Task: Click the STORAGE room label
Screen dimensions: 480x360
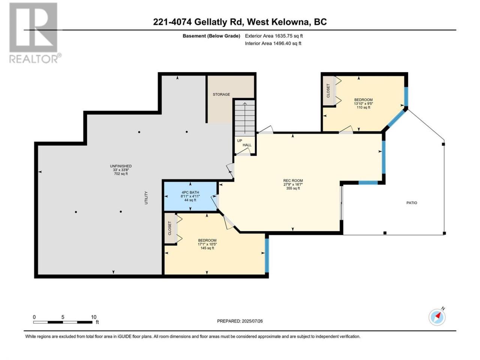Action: (x=221, y=94)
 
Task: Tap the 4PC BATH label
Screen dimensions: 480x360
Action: (x=190, y=192)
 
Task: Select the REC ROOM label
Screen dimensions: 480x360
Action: (x=293, y=180)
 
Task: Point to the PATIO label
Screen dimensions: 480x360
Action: (x=411, y=203)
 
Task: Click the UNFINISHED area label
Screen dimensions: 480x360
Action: (x=121, y=166)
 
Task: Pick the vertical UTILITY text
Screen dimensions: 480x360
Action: (x=146, y=198)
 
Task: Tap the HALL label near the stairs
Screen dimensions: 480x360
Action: (x=247, y=145)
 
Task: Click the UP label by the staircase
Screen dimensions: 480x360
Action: (x=240, y=141)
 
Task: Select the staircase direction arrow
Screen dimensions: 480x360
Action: (x=245, y=118)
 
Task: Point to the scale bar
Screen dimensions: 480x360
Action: (x=63, y=322)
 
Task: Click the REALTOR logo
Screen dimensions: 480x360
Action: (x=35, y=33)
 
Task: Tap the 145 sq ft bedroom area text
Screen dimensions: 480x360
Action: (x=207, y=248)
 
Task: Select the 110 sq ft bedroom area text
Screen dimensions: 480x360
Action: (x=363, y=107)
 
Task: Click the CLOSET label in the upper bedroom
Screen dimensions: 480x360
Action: (x=328, y=91)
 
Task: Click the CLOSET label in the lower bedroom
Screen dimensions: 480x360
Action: (x=169, y=228)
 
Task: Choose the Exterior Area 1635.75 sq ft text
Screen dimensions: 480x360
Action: (x=274, y=36)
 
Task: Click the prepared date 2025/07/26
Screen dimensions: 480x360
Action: (x=252, y=321)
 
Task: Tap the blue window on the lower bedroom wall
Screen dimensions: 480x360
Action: (x=267, y=255)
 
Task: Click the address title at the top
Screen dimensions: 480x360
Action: (x=240, y=22)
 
